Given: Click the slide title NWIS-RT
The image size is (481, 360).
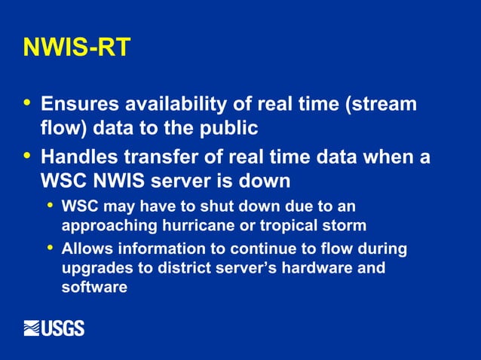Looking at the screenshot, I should point(77,47).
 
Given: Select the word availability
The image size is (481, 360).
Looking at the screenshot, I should point(179,104).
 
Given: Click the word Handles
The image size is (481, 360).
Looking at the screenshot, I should point(77,159).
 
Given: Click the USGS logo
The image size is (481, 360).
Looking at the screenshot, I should point(54,328).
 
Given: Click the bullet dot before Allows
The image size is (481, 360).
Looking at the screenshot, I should point(50,247).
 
